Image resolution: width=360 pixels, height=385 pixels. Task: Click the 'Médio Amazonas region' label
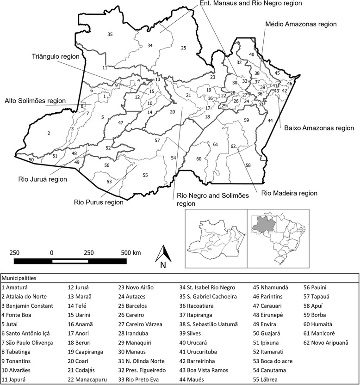[x=301, y=24]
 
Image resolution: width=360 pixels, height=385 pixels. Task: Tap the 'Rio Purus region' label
[x=99, y=202]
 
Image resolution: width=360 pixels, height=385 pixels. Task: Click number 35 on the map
[x=110, y=35]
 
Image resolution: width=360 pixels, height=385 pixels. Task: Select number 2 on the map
[x=48, y=134]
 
